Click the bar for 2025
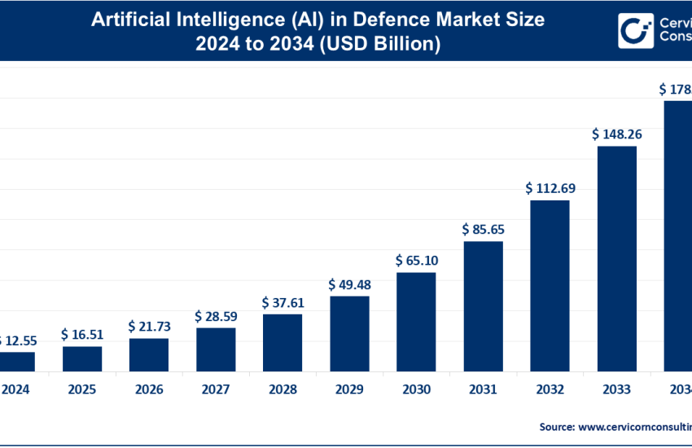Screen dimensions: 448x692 [x=82, y=358]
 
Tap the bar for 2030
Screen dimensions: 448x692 [x=416, y=322]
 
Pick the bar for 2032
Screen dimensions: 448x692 [x=550, y=285]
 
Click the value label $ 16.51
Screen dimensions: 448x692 [x=82, y=334]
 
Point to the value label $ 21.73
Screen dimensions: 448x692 [x=149, y=326]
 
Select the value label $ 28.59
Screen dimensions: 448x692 [x=216, y=315]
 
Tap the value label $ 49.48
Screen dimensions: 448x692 [x=349, y=284]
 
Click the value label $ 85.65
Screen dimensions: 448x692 [x=483, y=229]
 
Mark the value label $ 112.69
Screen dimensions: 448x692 [x=550, y=188]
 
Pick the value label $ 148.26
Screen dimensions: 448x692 [x=616, y=134]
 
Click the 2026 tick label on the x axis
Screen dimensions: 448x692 [x=149, y=389]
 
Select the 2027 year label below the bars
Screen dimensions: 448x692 [x=216, y=389]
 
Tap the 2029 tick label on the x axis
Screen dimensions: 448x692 [x=349, y=389]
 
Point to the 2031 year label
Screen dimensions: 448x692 [x=483, y=389]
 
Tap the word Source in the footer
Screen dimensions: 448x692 [x=556, y=426]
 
